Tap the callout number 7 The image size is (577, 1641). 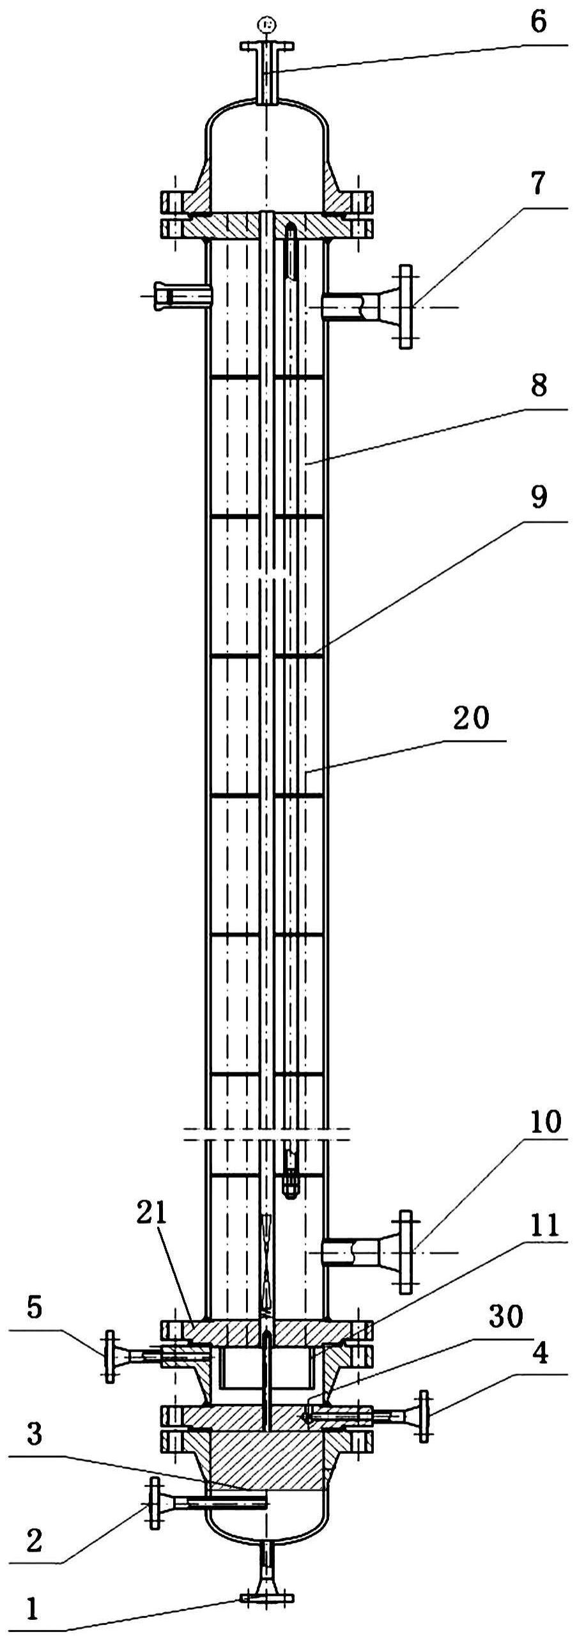tap(538, 185)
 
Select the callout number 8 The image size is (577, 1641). tap(538, 385)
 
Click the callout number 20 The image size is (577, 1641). tap(471, 718)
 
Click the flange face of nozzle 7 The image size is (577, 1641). tap(405, 307)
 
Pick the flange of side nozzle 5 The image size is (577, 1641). tap(110, 1356)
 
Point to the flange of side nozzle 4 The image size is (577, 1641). tap(423, 1398)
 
